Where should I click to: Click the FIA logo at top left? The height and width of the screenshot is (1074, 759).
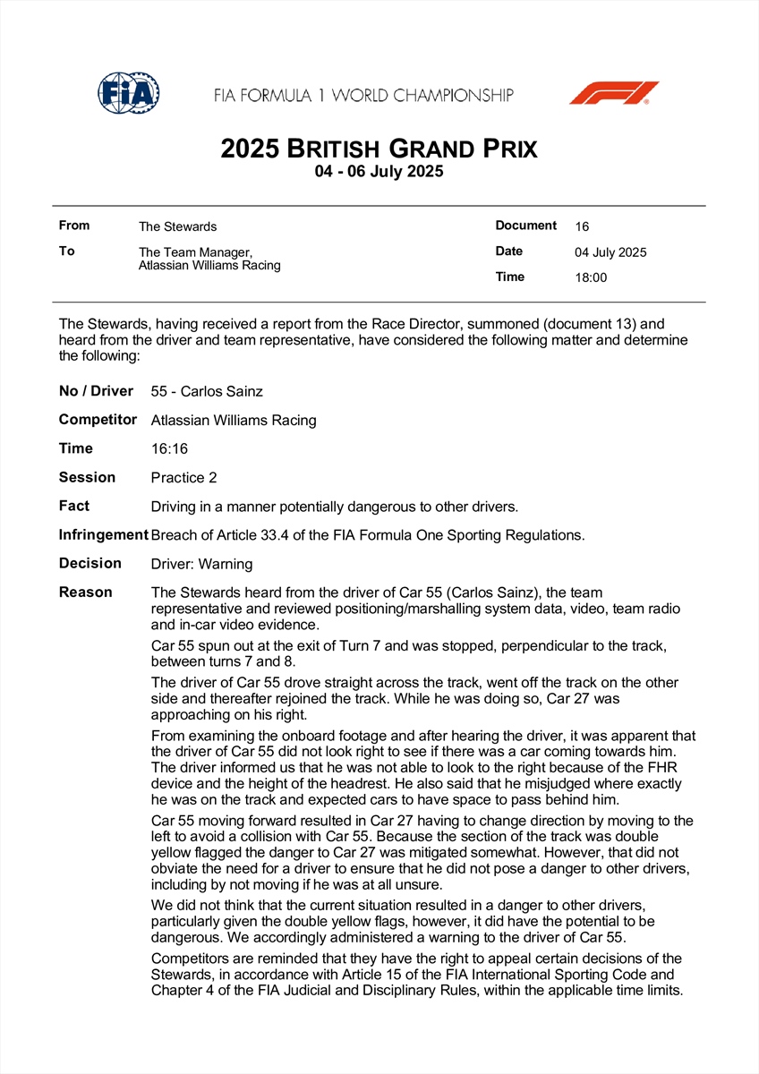(x=129, y=93)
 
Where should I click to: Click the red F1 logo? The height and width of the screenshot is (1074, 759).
(x=614, y=93)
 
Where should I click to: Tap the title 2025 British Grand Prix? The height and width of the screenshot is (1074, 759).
(x=379, y=148)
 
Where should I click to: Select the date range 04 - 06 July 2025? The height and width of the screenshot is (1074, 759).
(x=379, y=172)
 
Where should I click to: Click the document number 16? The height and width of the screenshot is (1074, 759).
(x=582, y=227)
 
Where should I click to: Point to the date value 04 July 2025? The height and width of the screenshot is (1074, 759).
(x=610, y=252)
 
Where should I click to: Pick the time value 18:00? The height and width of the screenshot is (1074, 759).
(x=591, y=277)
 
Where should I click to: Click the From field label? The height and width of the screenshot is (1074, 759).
(x=74, y=226)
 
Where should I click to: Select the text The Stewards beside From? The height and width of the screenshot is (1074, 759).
(x=177, y=227)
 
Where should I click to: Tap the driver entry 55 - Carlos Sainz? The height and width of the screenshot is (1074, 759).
(x=207, y=391)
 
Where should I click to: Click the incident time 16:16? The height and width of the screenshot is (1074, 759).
(x=169, y=448)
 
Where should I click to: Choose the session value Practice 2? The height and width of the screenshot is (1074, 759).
(x=183, y=478)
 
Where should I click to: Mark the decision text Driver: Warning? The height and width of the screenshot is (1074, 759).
(x=201, y=564)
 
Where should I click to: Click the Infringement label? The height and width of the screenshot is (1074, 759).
(x=103, y=534)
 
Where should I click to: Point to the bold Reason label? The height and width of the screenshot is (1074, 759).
(x=86, y=592)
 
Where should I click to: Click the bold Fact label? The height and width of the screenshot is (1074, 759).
(x=74, y=506)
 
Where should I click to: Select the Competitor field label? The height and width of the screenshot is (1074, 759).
(x=98, y=419)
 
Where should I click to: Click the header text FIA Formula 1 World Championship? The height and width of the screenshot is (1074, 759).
(x=363, y=95)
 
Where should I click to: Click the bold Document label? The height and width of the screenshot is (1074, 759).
(x=526, y=226)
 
